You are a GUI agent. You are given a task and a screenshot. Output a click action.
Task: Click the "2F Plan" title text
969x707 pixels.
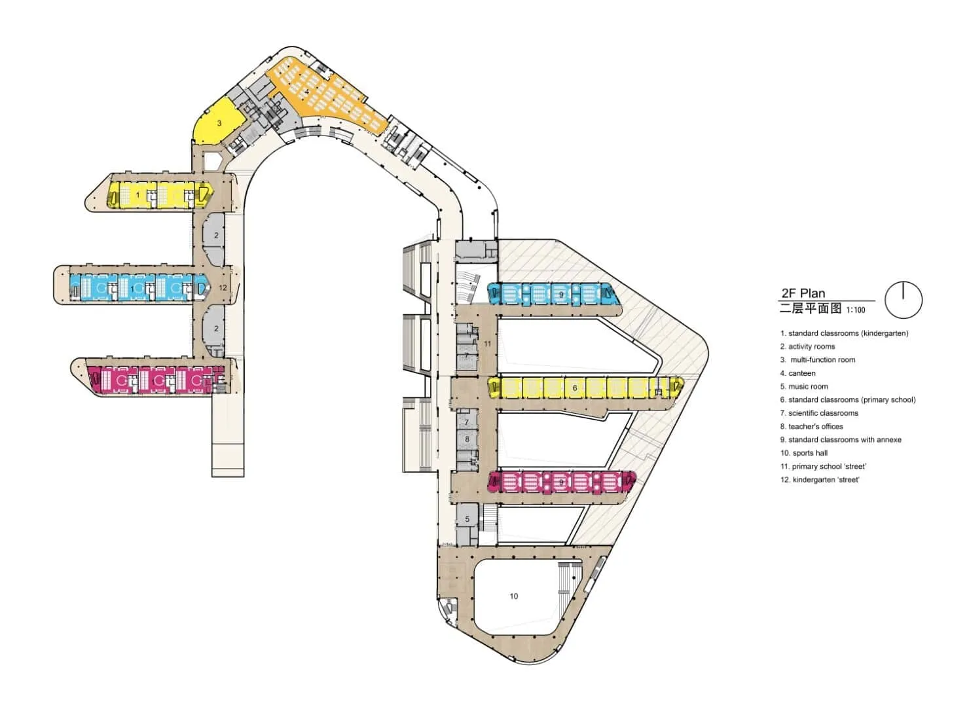coord(803,293)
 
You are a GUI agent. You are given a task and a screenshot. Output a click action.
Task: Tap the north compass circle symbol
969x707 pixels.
coord(904,300)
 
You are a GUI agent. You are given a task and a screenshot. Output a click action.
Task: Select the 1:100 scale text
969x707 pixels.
coord(856,310)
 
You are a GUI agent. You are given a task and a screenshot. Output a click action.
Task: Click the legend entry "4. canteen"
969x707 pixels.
coord(797,373)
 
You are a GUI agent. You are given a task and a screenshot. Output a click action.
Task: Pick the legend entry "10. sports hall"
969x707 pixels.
coord(803,453)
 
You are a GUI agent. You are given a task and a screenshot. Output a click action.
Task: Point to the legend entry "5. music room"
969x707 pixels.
coord(804,386)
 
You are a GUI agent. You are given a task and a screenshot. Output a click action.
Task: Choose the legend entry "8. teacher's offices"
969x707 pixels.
coord(811,426)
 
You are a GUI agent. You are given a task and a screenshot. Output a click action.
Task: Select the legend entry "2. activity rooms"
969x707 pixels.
coord(807,346)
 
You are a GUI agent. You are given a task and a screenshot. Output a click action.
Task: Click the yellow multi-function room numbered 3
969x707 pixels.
coord(219,123)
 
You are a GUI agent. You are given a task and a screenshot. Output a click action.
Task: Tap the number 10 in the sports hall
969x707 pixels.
coord(514,596)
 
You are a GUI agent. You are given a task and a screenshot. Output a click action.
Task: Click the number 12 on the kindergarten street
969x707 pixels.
coord(223,288)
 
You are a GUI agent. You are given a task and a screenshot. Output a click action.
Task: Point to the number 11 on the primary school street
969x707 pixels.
coord(487,344)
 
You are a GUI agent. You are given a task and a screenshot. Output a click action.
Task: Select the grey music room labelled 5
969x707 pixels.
coord(467,520)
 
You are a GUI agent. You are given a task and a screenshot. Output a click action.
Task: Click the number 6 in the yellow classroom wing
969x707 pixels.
coord(575,388)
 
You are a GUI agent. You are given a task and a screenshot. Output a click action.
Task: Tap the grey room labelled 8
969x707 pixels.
coord(467,439)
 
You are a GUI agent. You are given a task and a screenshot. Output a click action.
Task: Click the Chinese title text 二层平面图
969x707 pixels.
coord(811,309)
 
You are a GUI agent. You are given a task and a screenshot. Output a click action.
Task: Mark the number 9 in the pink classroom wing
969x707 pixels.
coord(561,482)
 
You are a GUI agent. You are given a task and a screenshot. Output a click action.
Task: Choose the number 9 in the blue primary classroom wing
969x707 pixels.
coord(561,295)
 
